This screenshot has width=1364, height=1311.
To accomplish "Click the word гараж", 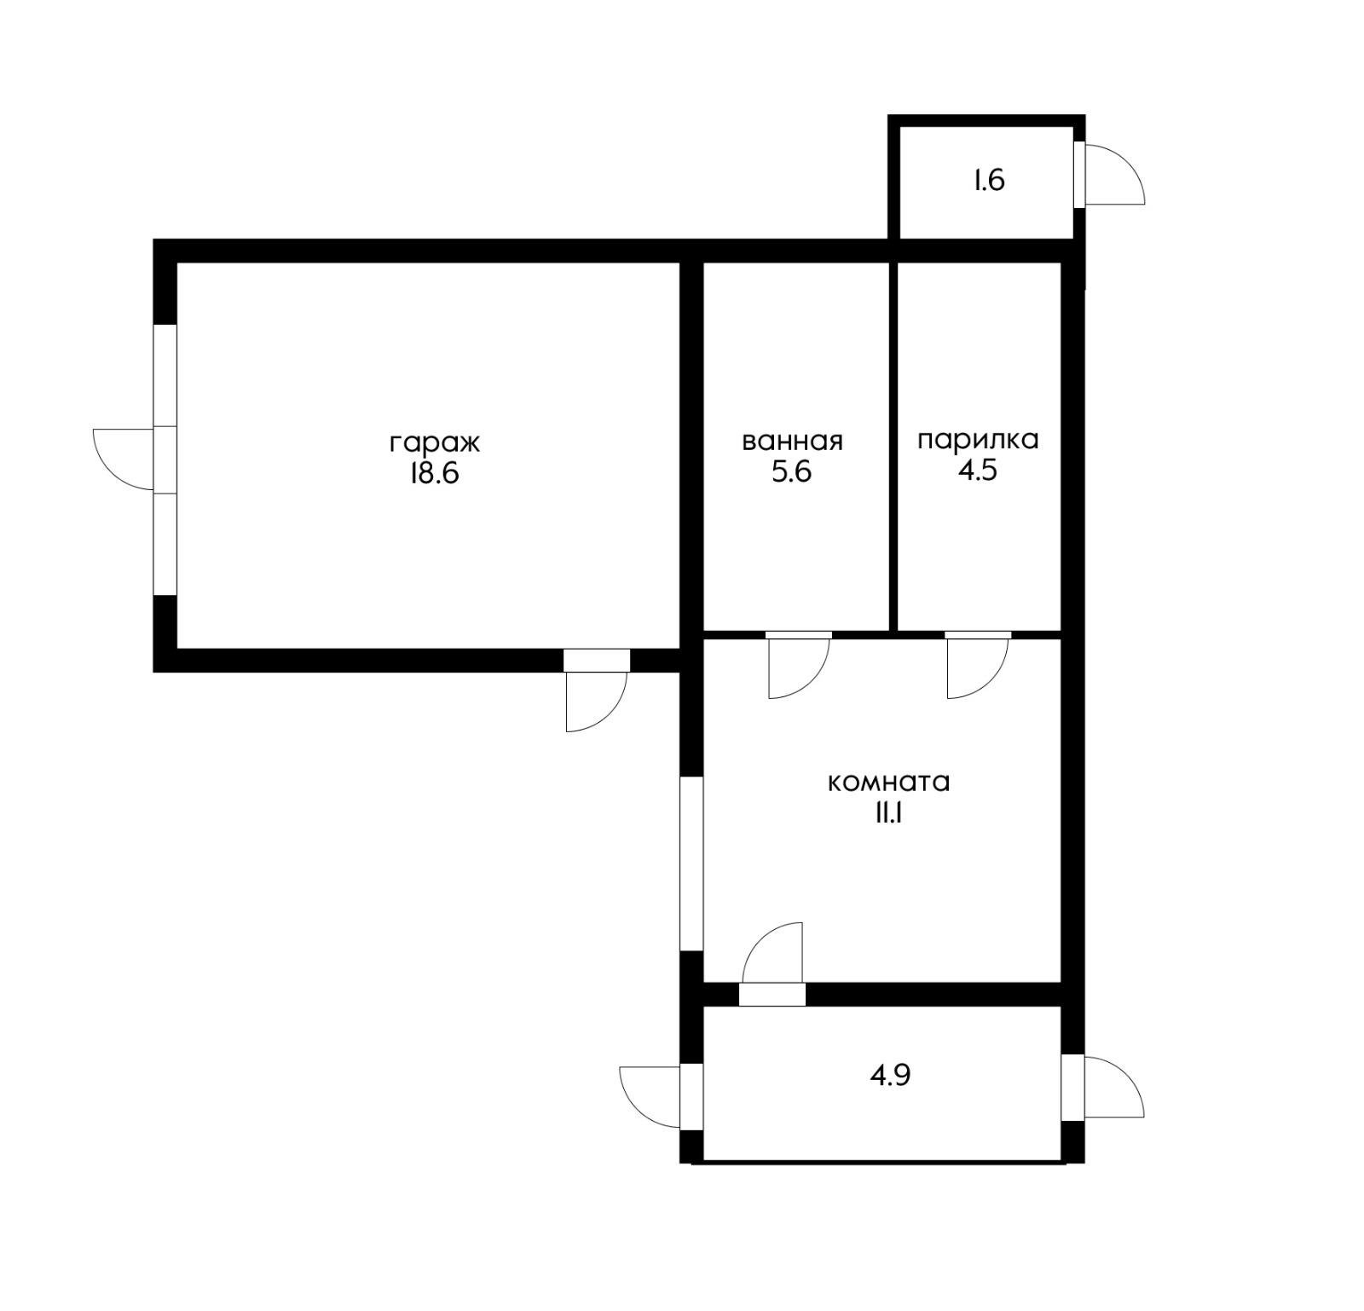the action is (435, 444).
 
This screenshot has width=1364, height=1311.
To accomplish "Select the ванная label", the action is (792, 442).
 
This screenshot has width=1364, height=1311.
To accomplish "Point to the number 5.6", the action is (791, 471).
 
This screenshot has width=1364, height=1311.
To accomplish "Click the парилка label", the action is (978, 442).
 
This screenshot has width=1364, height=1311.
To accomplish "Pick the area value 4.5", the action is (978, 471).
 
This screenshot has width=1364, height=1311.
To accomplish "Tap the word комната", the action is (888, 783).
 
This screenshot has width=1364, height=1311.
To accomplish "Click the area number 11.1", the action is (887, 814).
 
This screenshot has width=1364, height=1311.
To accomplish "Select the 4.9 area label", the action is (890, 1076).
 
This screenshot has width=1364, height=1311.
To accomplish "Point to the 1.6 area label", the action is (990, 181).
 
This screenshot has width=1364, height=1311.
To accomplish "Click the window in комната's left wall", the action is (691, 863).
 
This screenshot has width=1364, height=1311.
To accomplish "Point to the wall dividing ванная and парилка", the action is (893, 447).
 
